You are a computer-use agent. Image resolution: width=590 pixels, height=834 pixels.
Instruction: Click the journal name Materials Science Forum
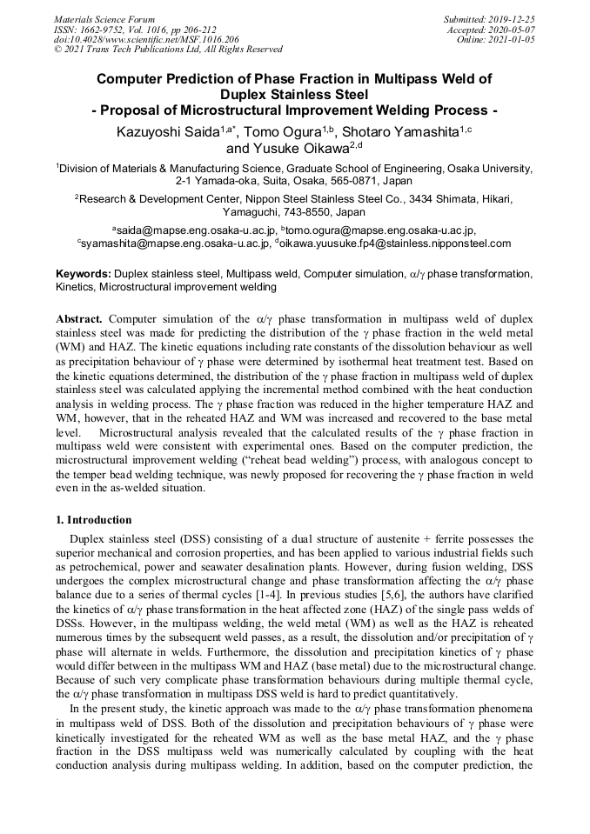coord(104,18)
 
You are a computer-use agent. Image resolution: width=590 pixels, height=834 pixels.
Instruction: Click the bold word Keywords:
coord(83,273)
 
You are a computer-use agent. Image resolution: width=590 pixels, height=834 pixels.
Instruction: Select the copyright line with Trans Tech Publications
coord(168,50)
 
